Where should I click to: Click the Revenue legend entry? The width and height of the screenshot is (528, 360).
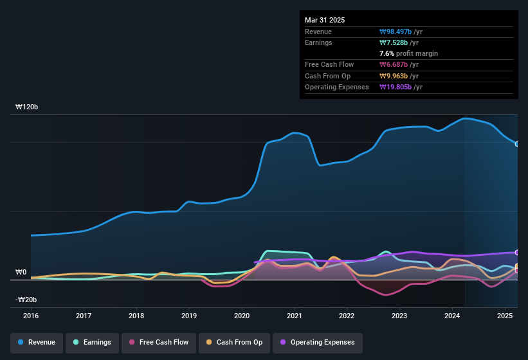[x=37, y=342]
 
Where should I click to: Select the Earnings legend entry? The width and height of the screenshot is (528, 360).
[x=92, y=342]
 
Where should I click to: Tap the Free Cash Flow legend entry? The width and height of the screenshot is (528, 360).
[x=158, y=342]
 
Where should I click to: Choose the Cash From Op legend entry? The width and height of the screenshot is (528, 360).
[x=235, y=342]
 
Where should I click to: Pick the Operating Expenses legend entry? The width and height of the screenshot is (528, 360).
[x=317, y=342]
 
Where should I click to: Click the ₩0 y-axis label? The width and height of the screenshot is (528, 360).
[x=21, y=273]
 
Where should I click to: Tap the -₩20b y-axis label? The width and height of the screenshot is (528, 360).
[x=26, y=300]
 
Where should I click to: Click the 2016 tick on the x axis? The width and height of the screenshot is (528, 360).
[x=31, y=316]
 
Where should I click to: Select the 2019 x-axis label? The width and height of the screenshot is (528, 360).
[x=189, y=316]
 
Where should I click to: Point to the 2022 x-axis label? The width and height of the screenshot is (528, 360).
[x=347, y=316]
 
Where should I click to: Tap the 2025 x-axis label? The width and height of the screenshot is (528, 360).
[x=505, y=316]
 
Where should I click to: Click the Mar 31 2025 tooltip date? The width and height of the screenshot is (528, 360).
[x=325, y=20]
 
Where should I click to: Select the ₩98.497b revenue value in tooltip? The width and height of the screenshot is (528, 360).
[x=401, y=32]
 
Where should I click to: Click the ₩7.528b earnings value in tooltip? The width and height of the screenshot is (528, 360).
[x=399, y=42]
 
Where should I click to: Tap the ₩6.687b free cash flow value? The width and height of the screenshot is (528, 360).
[x=399, y=65]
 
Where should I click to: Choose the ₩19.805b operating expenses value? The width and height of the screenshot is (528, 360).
[x=401, y=87]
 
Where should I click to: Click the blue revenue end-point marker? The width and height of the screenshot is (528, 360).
[x=517, y=144]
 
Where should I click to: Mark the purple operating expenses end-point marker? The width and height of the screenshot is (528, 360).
[x=517, y=253]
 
